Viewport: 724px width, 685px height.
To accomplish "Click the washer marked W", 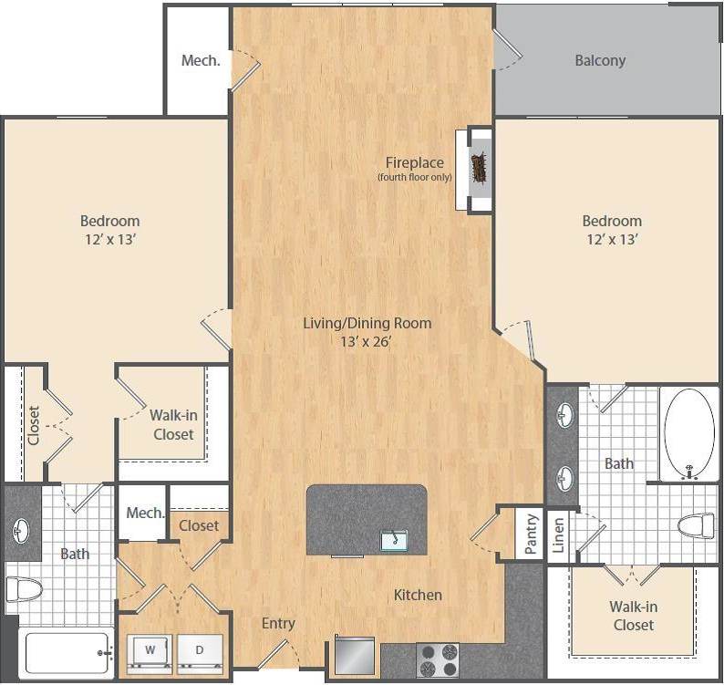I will [150, 653].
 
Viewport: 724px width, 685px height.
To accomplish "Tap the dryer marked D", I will [200, 653].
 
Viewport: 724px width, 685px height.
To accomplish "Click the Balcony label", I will [600, 61].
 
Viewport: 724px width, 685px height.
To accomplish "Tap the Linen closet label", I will [558, 535].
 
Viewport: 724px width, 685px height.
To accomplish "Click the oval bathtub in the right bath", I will [689, 434].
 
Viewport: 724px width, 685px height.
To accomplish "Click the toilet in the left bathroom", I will [24, 589].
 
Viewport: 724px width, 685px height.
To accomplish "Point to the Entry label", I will [278, 624].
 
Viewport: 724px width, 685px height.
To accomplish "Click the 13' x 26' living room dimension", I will [367, 342].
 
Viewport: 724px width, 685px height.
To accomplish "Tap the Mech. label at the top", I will [201, 61].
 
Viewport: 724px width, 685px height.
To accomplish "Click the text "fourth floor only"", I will [415, 177].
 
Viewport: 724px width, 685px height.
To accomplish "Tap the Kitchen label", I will [418, 595].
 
